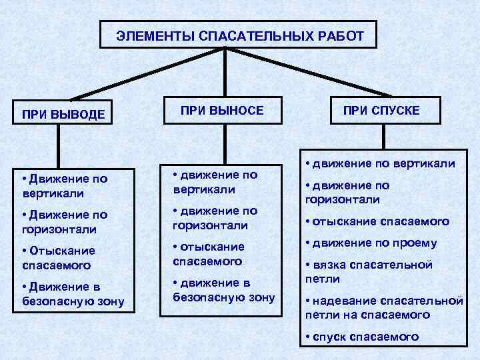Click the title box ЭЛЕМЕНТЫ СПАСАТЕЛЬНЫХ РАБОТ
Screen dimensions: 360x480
pyautogui.click(x=239, y=35)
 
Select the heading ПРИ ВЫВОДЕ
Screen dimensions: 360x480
pyautogui.click(x=63, y=114)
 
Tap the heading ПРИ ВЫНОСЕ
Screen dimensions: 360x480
pyautogui.click(x=222, y=110)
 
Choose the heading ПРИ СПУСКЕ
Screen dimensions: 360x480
pyautogui.click(x=381, y=110)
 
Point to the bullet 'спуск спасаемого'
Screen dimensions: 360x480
pyautogui.click(x=361, y=337)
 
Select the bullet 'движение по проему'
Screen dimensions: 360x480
pyautogui.click(x=371, y=243)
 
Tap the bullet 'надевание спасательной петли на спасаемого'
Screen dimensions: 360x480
pyautogui.click(x=383, y=307)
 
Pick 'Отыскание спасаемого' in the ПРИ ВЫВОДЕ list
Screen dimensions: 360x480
pyautogui.click(x=59, y=257)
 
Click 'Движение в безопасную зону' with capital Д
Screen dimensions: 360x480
pyautogui.click(x=69, y=293)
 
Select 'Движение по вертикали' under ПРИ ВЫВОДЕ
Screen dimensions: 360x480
pyautogui.click(x=63, y=185)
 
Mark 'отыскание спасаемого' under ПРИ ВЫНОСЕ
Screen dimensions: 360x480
pyautogui.click(x=208, y=253)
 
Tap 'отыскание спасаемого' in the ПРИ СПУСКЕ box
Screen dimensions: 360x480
pyautogui.click(x=377, y=221)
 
